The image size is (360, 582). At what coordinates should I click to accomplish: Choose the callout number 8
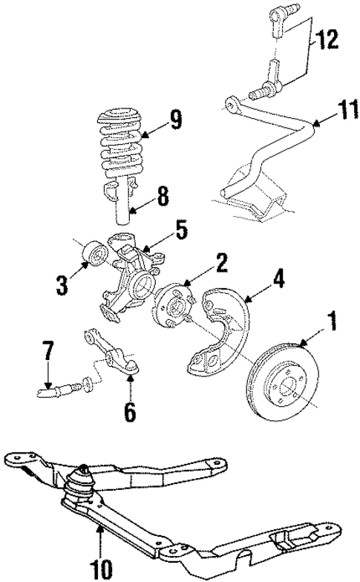click(163, 197)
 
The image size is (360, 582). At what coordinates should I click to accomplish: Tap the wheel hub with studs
click(171, 304)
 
